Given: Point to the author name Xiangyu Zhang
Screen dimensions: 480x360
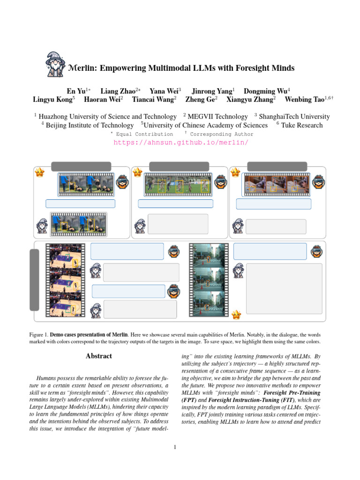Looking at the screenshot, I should coord(250,99).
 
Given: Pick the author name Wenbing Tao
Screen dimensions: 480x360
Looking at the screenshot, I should coord(305,99).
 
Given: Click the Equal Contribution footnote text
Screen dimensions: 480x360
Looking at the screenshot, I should coord(141,134).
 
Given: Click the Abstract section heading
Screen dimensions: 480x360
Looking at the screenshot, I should coord(99,356).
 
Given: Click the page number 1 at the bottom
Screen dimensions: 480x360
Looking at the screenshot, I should coord(174,447).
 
